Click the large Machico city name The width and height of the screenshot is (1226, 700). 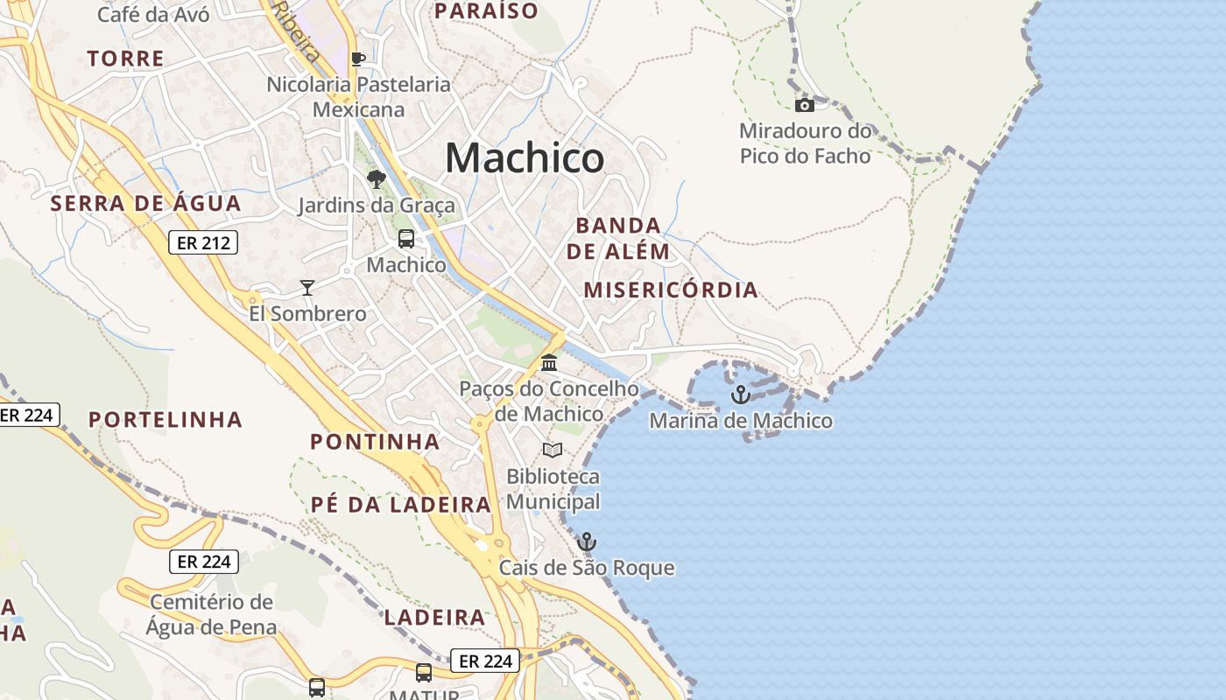pos(525,158)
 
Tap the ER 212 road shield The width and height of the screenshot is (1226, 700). pos(203,242)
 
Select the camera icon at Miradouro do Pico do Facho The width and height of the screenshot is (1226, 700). pos(804,106)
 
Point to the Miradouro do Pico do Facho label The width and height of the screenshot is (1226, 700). pos(806,143)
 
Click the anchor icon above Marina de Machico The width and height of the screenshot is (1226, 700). pos(741,395)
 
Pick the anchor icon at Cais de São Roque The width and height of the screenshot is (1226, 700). pos(587,542)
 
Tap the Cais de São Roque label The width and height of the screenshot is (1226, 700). pos(587,568)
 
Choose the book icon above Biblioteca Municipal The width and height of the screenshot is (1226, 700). pos(552,450)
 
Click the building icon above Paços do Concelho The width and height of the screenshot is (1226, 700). pos(549,362)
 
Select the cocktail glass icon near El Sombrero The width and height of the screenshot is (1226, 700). pos(307,287)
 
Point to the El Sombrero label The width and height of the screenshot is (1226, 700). pos(307,313)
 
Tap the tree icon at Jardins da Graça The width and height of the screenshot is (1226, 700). pos(377,179)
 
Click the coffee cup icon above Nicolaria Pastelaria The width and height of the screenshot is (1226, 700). pos(357,59)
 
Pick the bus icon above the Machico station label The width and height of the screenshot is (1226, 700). pos(406,238)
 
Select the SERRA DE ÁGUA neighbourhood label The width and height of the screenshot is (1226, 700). pos(145,204)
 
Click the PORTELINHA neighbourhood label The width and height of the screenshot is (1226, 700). pos(166,419)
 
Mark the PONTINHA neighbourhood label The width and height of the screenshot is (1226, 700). pos(375,441)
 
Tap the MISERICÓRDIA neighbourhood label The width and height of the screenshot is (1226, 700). pos(671,290)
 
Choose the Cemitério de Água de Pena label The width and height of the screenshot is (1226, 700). pos(211,614)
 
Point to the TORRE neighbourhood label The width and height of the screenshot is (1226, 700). pos(126,59)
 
